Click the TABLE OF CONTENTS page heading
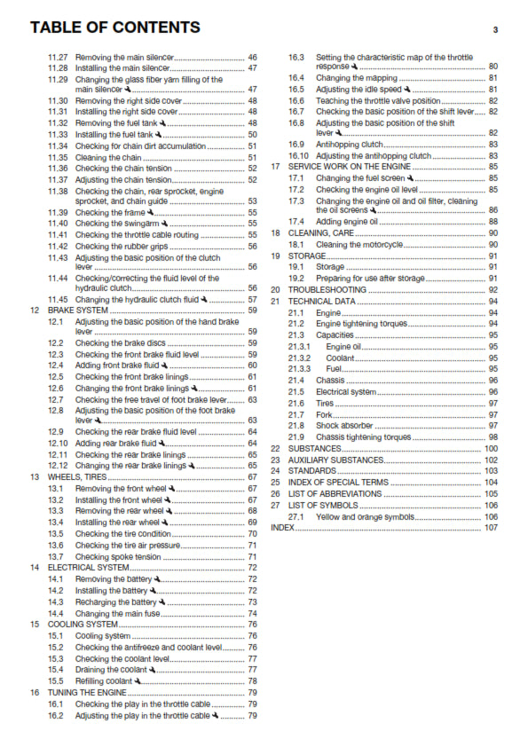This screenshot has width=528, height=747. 114,28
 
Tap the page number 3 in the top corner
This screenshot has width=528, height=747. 495,30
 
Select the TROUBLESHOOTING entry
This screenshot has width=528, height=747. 327,290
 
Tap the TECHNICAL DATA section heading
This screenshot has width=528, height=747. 321,302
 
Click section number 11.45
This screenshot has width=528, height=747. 58,300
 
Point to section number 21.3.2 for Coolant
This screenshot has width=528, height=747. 300,358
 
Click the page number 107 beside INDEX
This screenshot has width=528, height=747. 491,528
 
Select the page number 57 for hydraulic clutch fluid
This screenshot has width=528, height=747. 252,300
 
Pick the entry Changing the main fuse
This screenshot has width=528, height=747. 117,613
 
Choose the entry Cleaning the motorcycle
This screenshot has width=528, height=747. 363,244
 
